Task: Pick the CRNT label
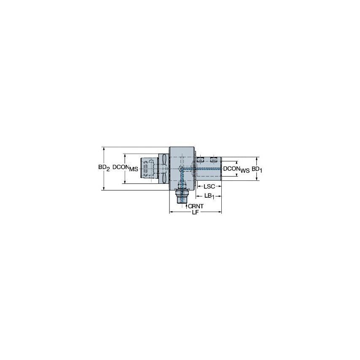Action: (x=196, y=206)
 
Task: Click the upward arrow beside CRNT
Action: (x=186, y=205)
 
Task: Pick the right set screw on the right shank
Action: (x=214, y=159)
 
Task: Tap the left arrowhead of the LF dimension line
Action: (x=171, y=212)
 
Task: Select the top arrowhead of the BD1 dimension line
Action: (x=257, y=159)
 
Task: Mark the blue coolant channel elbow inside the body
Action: (x=181, y=169)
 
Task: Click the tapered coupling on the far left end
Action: (x=147, y=169)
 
